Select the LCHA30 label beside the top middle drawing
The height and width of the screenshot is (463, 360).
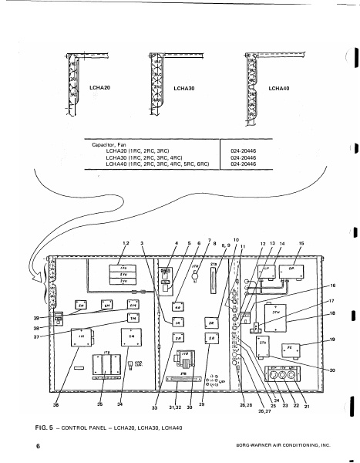(x=184, y=90)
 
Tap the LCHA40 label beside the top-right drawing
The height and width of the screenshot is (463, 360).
(x=278, y=90)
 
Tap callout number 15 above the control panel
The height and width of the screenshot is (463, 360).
(x=301, y=243)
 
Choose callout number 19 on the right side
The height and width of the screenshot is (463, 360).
(x=333, y=340)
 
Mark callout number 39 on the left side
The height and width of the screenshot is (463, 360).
(x=35, y=318)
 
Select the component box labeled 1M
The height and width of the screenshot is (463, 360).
(x=81, y=340)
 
